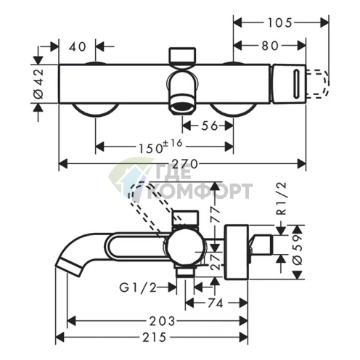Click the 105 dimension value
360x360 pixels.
click(x=279, y=23)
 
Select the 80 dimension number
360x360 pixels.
click(x=270, y=46)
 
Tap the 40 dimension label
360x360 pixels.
click(x=78, y=46)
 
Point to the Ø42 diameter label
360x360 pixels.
click(x=38, y=84)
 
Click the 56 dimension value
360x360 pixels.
click(x=210, y=126)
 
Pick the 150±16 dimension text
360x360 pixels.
click(x=160, y=147)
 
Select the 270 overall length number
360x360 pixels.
click(x=186, y=164)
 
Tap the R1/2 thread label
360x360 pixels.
click(x=282, y=199)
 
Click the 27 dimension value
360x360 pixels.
click(x=216, y=261)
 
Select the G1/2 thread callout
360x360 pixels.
click(x=138, y=288)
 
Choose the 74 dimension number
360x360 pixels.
click(x=215, y=303)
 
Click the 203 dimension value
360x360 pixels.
click(x=162, y=322)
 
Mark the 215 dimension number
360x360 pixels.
click(x=155, y=337)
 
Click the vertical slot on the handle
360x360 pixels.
click(x=297, y=83)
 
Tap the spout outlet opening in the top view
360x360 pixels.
click(x=182, y=107)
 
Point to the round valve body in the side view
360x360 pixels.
click(x=186, y=247)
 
